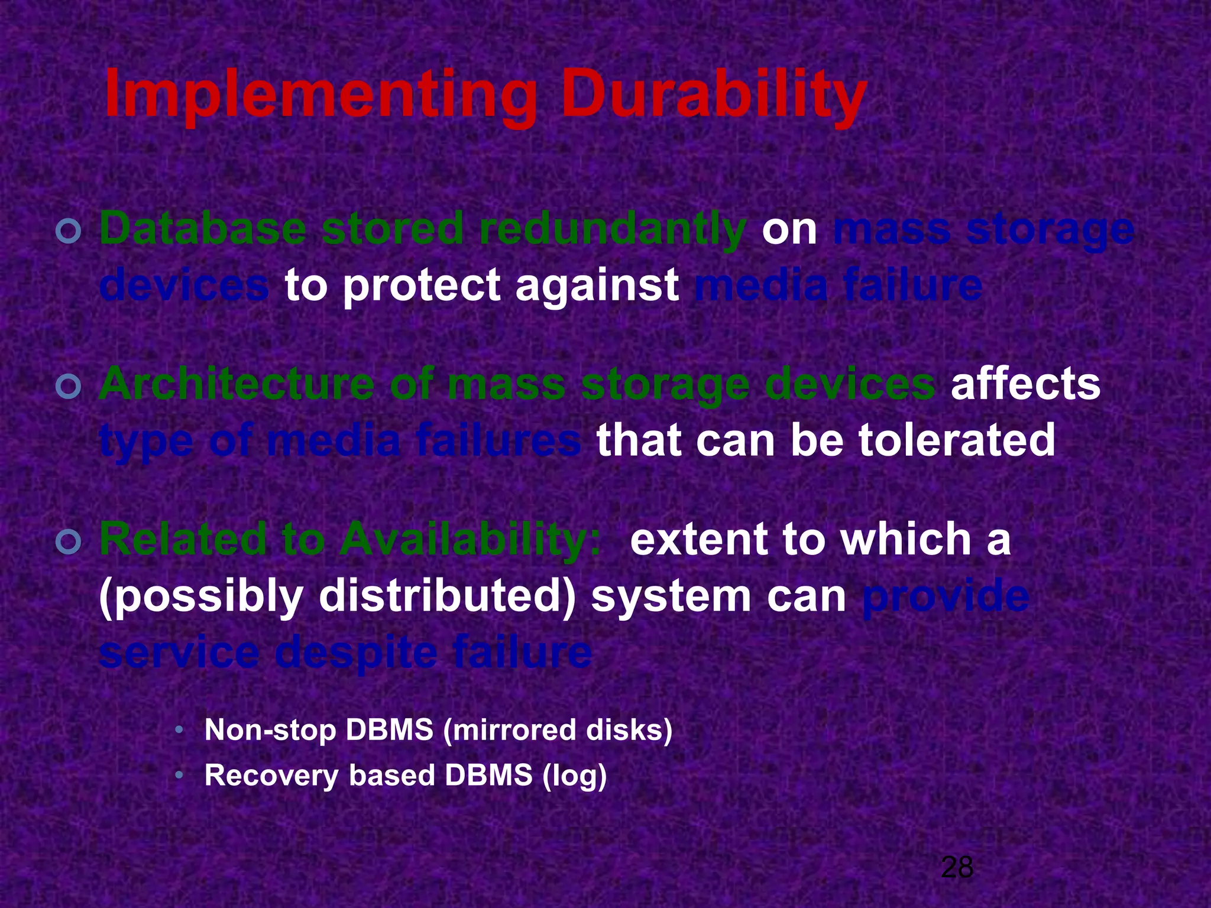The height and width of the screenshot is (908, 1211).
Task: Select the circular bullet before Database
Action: pyautogui.click(x=69, y=231)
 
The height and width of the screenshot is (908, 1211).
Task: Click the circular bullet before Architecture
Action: pyautogui.click(x=69, y=387)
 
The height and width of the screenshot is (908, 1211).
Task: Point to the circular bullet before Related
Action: pyautogui.click(x=69, y=541)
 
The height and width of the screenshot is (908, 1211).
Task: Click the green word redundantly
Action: pyautogui.click(x=611, y=229)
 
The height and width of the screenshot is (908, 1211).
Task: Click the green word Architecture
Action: pyautogui.click(x=237, y=384)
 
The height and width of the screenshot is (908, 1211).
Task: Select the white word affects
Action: pyautogui.click(x=1025, y=384)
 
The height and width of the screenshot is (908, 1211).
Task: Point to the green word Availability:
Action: pyautogui.click(x=470, y=539)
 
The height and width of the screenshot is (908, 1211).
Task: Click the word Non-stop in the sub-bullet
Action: pyautogui.click(x=270, y=730)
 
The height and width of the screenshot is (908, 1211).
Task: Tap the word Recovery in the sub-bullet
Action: pyautogui.click(x=271, y=775)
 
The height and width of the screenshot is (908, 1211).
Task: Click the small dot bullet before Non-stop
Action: pyautogui.click(x=179, y=731)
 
